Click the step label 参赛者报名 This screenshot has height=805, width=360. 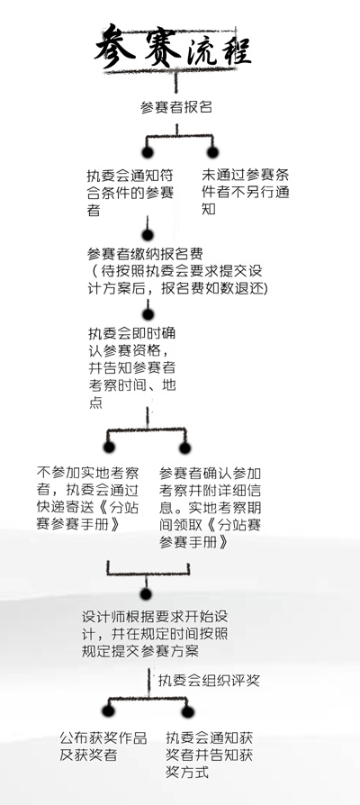pyautogui.click(x=175, y=107)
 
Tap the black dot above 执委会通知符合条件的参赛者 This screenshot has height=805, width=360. pyautogui.click(x=148, y=152)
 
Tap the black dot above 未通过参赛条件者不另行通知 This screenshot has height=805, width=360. pyautogui.click(x=212, y=152)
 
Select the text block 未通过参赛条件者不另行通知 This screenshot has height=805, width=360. pyautogui.click(x=245, y=192)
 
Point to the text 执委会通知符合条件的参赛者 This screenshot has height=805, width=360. pyautogui.click(x=130, y=193)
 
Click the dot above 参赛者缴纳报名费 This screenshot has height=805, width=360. pyautogui.click(x=148, y=235)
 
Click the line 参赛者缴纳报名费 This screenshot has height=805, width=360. pyautogui.click(x=145, y=254)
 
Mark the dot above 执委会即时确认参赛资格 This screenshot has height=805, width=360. pyautogui.click(x=148, y=314)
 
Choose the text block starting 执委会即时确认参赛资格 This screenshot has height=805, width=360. pyautogui.click(x=132, y=367)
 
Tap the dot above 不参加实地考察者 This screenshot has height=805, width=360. pyautogui.click(x=109, y=448)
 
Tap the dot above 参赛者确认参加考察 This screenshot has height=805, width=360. pyautogui.click(x=185, y=448)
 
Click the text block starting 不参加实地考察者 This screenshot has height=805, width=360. pyautogui.click(x=87, y=499)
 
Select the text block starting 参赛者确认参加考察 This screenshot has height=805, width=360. pyautogui.click(x=211, y=508)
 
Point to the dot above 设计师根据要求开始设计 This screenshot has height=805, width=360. pyautogui.click(x=146, y=594)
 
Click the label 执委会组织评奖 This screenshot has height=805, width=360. pyautogui.click(x=209, y=680)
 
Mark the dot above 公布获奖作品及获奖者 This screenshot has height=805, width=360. pyautogui.click(x=108, y=711)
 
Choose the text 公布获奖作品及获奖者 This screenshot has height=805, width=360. pyautogui.click(x=103, y=746)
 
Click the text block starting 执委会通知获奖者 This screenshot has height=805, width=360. pyautogui.click(x=209, y=755)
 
